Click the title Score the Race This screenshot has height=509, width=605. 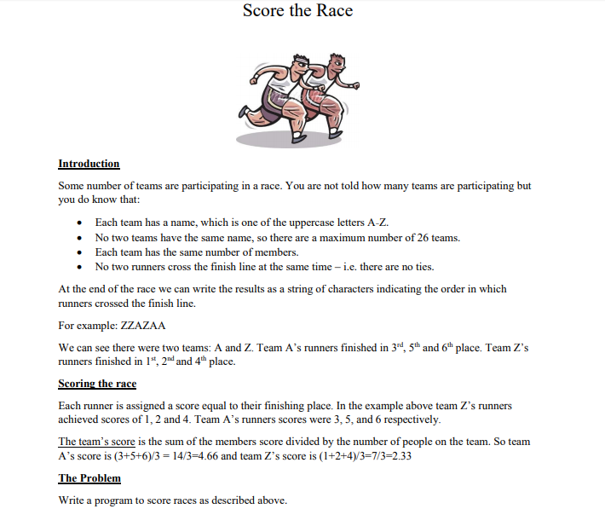pos(297,11)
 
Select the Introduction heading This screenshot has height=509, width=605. pos(89,164)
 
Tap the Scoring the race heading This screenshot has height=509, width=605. pos(97,384)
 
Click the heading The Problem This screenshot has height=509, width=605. pos(89,478)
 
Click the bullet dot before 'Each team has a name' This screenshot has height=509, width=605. pos(79,223)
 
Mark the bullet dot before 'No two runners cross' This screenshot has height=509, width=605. pos(79,267)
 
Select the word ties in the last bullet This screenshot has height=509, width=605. pos(414,267)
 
